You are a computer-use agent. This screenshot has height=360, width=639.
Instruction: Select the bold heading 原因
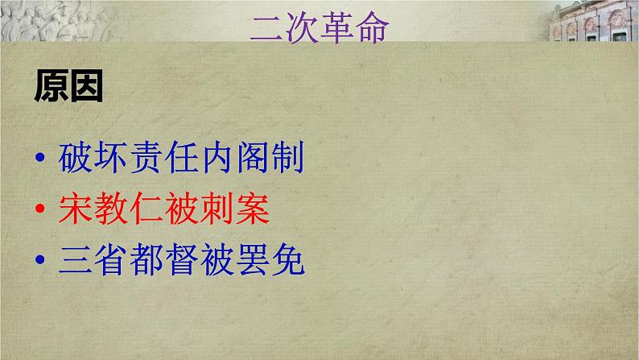pos(68,87)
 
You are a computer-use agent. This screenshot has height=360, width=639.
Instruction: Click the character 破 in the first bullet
pos(76,157)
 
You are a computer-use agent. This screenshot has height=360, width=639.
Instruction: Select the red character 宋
pos(76,209)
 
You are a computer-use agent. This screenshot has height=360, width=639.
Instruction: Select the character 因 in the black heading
pos(86,87)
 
